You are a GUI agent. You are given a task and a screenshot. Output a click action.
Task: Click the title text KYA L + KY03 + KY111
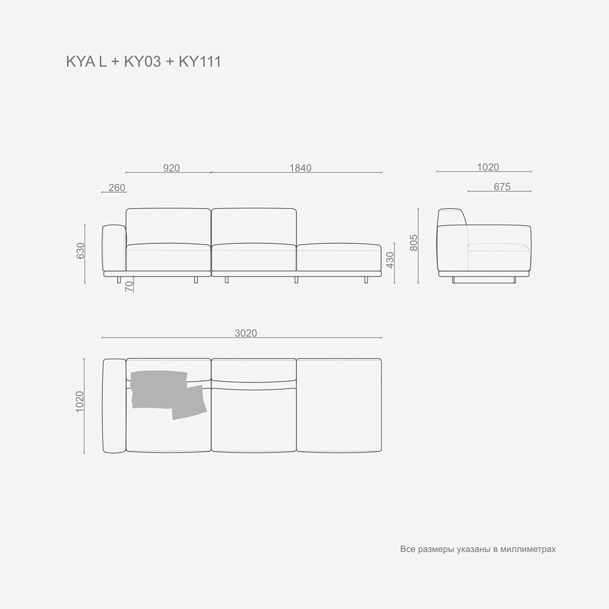(143, 62)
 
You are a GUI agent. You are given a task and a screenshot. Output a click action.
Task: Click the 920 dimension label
(171, 168)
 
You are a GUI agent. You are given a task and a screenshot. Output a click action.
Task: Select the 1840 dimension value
(300, 168)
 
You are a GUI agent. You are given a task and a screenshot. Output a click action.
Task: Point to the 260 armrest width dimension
(117, 188)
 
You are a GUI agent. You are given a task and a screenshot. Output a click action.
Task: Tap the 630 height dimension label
(80, 251)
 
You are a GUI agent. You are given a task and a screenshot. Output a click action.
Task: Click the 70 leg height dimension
(129, 286)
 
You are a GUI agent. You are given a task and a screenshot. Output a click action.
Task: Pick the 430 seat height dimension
(390, 260)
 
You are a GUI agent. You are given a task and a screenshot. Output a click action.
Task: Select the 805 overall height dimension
(414, 242)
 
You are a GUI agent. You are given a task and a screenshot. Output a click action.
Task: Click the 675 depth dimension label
(502, 187)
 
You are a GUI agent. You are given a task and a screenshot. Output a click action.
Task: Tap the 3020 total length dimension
(245, 333)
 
